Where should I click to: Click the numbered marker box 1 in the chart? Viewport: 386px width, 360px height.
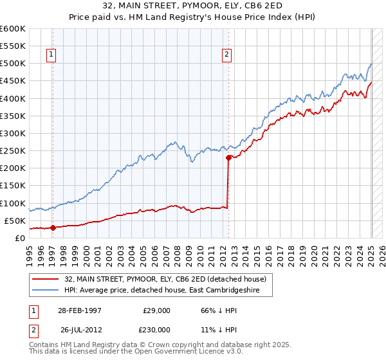pyautogui.click(x=51, y=55)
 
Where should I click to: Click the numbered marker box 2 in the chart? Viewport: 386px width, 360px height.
pyautogui.click(x=227, y=55)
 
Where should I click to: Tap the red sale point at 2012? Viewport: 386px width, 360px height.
pyautogui.click(x=228, y=157)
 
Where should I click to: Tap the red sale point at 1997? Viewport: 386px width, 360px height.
pyautogui.click(x=53, y=227)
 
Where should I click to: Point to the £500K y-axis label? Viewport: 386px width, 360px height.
pyautogui.click(x=13, y=64)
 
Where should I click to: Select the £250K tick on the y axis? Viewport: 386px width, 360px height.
pyautogui.click(x=13, y=151)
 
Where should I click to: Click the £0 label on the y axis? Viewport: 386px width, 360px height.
pyautogui.click(x=19, y=238)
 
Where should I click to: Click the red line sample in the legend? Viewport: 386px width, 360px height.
pyautogui.click(x=46, y=278)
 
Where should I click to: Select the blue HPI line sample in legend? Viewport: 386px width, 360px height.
pyautogui.click(x=46, y=290)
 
